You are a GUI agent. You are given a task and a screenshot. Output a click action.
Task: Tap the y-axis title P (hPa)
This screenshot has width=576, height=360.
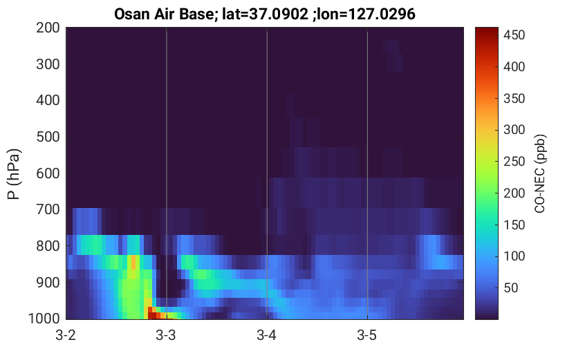point(14,174)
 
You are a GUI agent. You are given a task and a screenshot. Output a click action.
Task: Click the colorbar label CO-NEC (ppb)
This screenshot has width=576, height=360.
point(540,173)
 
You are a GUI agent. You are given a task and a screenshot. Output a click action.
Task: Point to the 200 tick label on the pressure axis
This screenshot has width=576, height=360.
point(48,28)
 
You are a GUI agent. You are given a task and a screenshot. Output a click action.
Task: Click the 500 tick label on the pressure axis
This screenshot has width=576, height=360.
point(48,137)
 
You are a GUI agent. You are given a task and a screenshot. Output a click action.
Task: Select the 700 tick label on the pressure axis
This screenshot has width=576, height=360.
point(48,209)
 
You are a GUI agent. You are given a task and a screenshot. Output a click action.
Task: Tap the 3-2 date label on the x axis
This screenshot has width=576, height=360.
point(66,335)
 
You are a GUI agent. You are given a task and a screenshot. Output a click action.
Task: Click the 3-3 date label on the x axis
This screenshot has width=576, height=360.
point(166,335)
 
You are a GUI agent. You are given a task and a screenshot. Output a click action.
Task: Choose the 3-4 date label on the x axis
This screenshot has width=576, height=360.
point(266,335)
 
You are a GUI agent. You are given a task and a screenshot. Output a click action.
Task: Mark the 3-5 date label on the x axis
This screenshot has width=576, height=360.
point(366,335)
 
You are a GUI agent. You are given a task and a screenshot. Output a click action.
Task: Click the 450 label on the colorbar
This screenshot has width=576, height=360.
point(514,35)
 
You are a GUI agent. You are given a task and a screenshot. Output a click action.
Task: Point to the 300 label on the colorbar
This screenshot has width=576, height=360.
point(514,129)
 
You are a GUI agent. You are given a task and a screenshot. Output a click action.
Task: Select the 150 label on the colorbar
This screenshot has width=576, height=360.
point(514,225)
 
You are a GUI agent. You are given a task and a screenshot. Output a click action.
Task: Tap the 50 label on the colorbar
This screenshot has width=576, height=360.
point(510,287)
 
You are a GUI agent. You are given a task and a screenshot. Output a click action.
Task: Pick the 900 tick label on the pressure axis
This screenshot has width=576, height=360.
point(48,283)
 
